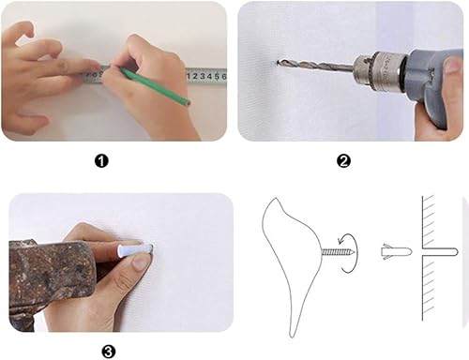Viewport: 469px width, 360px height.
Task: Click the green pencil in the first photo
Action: click(x=155, y=86)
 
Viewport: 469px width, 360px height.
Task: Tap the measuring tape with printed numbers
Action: click(x=202, y=74)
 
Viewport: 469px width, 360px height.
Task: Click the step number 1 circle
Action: click(x=102, y=160)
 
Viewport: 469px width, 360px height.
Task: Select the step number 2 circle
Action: click(x=343, y=160)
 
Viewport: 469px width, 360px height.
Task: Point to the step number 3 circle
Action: click(x=109, y=351)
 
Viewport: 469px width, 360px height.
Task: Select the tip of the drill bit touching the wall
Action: click(x=279, y=63)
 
